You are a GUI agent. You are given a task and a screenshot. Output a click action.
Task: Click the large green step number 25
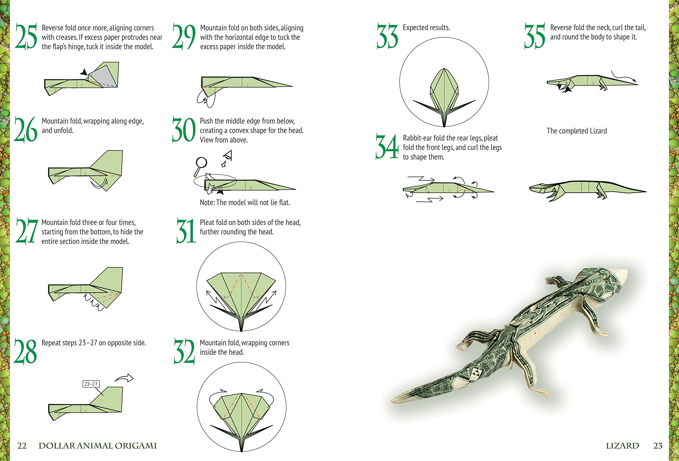pyautogui.click(x=26, y=36)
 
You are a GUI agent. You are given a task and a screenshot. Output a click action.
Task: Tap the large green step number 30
pyautogui.click(x=184, y=130)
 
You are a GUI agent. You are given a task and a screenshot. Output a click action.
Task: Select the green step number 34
pyautogui.click(x=387, y=146)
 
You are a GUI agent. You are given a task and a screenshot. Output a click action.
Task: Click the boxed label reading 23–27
pyautogui.click(x=91, y=384)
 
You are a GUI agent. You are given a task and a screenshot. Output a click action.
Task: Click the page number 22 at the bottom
pyautogui.click(x=22, y=446)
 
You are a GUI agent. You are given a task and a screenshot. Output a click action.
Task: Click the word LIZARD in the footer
pyautogui.click(x=622, y=446)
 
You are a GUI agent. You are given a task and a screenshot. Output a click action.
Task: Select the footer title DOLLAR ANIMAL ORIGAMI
pyautogui.click(x=98, y=446)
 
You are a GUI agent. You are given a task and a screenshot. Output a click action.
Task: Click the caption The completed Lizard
pyautogui.click(x=576, y=131)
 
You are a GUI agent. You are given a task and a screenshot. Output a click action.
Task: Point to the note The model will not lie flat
pyautogui.click(x=245, y=203)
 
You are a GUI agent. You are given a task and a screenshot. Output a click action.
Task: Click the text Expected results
pyautogui.click(x=426, y=28)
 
